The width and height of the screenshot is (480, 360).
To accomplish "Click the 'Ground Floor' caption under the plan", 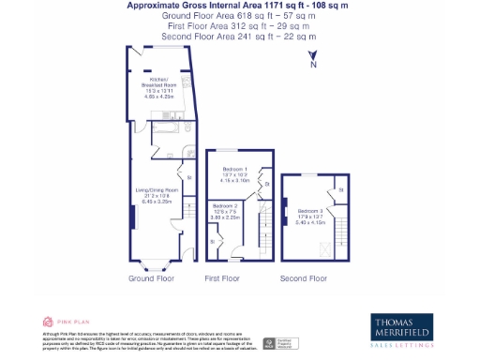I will [x=151, y=278].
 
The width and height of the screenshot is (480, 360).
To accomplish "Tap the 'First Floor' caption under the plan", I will [x=223, y=278].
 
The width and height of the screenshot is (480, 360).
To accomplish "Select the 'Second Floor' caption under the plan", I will [x=305, y=278].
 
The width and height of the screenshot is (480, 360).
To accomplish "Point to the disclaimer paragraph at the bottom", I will [x=136, y=341].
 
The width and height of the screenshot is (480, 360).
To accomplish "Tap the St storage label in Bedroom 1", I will [x=266, y=186].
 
